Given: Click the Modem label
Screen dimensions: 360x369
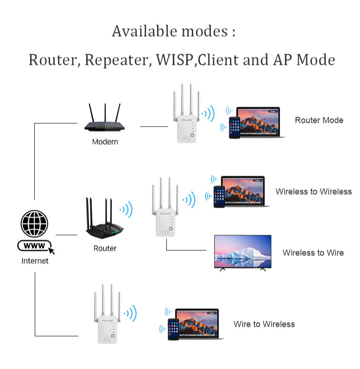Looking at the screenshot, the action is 105,142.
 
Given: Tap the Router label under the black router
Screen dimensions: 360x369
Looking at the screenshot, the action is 105,248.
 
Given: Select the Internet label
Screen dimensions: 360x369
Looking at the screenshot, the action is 35,261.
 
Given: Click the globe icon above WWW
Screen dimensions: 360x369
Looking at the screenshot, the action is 34,223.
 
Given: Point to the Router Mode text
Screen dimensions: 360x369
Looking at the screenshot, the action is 319,120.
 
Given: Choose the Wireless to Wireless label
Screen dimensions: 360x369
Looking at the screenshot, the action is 314,191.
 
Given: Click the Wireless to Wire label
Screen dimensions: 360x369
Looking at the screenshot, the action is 313,253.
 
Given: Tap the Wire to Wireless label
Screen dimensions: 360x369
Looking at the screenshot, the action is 264,324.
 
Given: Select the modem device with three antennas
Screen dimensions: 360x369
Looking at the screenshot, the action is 105,118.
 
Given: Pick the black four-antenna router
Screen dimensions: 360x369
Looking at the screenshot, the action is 105,218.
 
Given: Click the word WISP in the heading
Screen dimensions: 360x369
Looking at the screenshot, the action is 175,59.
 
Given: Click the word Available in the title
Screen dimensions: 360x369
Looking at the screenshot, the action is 145,31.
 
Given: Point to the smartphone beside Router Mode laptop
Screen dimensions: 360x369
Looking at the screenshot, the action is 234,127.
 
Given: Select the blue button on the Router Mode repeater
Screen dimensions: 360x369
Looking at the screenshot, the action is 192,135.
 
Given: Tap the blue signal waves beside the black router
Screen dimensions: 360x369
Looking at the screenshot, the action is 126,210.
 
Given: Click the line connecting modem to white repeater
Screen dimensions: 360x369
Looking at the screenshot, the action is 154,127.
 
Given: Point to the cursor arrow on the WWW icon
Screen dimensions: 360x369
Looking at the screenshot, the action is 51,250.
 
